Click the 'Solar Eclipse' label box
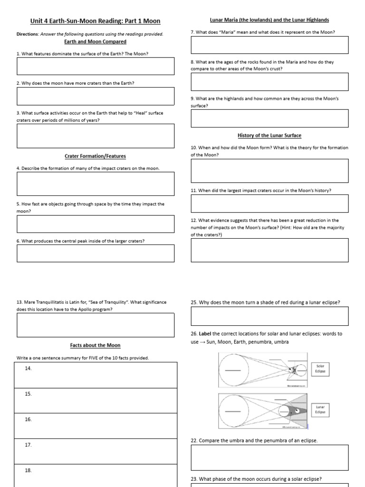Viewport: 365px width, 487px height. tap(320, 369)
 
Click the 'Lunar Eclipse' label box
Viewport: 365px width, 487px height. tap(319, 409)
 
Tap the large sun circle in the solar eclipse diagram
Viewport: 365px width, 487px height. tap(233, 370)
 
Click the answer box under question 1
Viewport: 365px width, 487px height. tap(96, 67)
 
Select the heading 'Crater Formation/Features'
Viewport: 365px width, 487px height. tap(95, 156)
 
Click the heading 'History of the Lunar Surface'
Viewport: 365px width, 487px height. tap(269, 136)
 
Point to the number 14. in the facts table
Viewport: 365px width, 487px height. tap(28, 369)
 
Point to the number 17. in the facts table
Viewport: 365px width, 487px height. tap(28, 445)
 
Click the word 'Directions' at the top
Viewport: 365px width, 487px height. tap(27, 34)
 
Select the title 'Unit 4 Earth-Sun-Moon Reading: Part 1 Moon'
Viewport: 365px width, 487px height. tap(96, 21)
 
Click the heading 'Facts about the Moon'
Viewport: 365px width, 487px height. tap(95, 345)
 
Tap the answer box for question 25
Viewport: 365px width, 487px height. tap(269, 316)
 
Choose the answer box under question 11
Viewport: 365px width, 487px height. tap(269, 203)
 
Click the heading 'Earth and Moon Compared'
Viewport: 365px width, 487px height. tap(95, 42)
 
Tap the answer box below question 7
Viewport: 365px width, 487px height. tap(269, 45)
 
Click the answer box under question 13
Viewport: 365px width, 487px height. tap(96, 325)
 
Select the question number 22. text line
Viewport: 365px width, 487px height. tap(254, 440)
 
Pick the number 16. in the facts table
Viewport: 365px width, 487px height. tap(28, 419)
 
